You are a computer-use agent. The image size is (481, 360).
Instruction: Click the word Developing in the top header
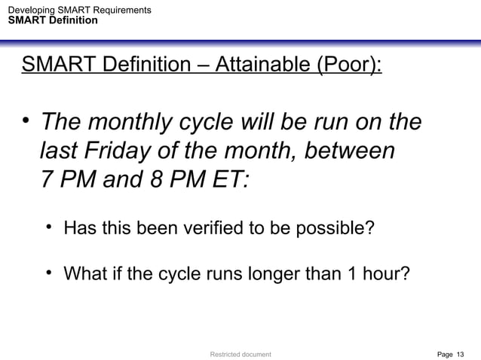(27, 10)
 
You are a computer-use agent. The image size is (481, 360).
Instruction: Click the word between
(351, 151)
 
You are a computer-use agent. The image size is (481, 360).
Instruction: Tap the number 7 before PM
(47, 182)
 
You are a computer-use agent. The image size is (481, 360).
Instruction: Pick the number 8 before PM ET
(147, 182)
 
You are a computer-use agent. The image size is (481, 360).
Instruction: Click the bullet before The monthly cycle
(27, 121)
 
